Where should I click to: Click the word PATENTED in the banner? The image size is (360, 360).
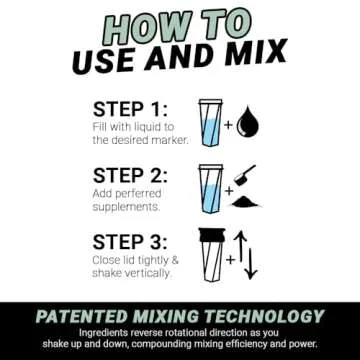[85, 316]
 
